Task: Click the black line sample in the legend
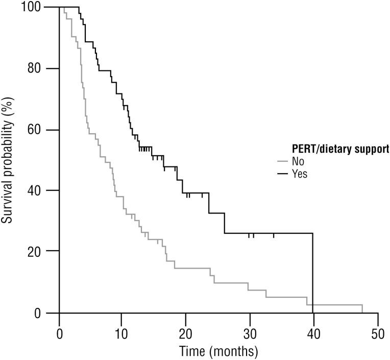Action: pos(283,174)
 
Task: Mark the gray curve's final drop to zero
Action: pos(362,308)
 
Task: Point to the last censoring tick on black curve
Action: pos(274,235)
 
